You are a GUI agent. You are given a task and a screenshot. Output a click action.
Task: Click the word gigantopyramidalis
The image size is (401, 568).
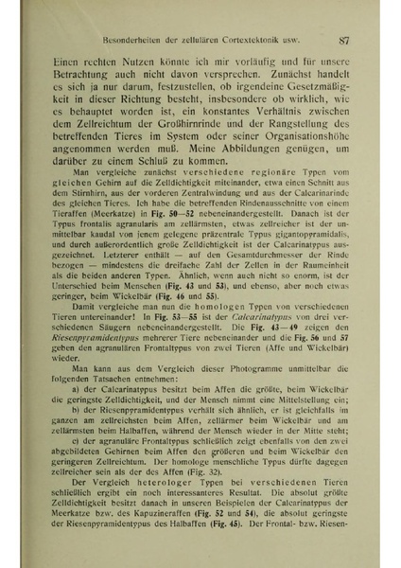coord(305,284)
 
